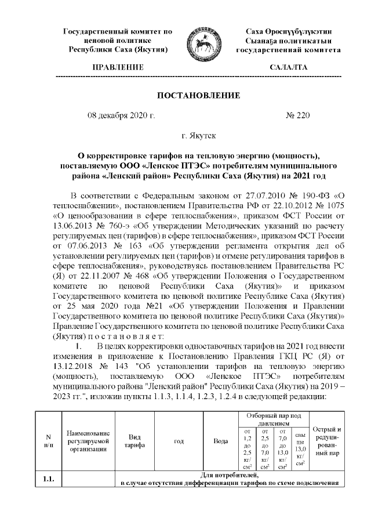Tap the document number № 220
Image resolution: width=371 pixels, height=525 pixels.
point(299,115)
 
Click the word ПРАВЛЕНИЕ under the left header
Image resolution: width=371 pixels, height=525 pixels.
point(118,68)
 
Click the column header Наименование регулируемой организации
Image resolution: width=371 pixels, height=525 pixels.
point(88,441)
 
